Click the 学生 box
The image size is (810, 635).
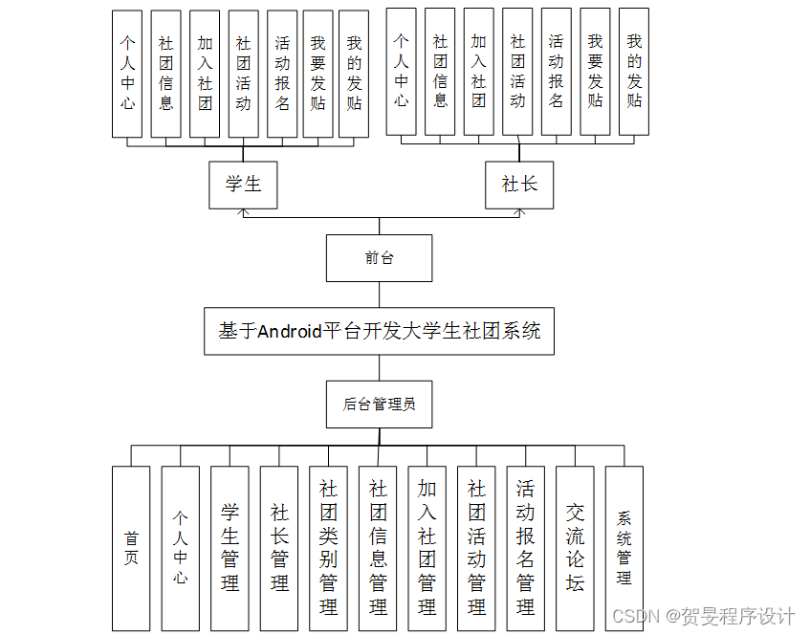click(243, 185)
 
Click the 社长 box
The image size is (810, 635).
click(519, 185)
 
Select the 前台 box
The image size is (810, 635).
click(379, 258)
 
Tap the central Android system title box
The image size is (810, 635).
click(379, 331)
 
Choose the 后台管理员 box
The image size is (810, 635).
click(379, 404)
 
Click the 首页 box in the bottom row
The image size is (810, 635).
click(131, 548)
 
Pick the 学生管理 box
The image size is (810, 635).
click(230, 548)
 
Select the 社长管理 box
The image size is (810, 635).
click(279, 548)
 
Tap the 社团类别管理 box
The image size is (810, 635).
click(328, 548)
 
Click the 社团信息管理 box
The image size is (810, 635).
click(378, 548)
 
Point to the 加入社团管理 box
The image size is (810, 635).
click(427, 548)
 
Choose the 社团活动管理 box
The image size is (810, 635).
click(476, 548)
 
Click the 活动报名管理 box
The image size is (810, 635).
click(525, 548)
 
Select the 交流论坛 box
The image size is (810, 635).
click(575, 548)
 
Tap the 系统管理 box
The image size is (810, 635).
click(624, 548)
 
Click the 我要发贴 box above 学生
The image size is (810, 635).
click(317, 74)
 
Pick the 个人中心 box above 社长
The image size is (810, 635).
click(402, 72)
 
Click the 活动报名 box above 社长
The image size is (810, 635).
click(556, 72)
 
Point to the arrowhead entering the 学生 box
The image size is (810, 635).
click(243, 212)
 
